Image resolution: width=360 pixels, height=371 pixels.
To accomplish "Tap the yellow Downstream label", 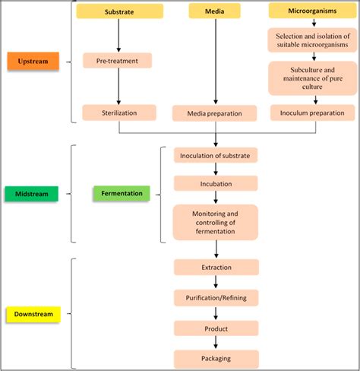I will tap(34, 313).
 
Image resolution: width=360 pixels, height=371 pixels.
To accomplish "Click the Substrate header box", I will tap(119, 11).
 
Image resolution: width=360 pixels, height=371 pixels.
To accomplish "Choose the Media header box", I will tap(216, 11).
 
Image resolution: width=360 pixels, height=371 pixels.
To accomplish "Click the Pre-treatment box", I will tap(118, 59).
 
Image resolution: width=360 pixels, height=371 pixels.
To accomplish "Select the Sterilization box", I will tap(119, 113).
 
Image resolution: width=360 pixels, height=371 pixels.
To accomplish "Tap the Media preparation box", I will tap(216, 114).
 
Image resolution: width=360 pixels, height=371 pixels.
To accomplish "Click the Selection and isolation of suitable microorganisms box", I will tap(312, 40).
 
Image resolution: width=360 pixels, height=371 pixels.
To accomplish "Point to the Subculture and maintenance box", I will tap(312, 78).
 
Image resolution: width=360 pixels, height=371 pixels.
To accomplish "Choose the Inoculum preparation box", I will tap(312, 113).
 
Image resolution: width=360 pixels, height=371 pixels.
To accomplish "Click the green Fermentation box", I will tap(122, 193).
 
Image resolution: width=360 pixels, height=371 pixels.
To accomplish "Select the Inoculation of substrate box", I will tap(216, 156).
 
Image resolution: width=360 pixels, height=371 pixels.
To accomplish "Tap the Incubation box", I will tap(216, 184).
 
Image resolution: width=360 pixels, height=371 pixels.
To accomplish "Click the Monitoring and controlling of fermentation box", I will tap(216, 221).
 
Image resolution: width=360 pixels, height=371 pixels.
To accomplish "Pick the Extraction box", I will tap(216, 268).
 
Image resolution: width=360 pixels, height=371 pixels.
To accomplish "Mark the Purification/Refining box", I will tap(216, 297).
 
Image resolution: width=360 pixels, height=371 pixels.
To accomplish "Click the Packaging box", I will tap(216, 358).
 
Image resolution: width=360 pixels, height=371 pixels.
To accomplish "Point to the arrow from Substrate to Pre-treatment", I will tap(119, 35).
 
